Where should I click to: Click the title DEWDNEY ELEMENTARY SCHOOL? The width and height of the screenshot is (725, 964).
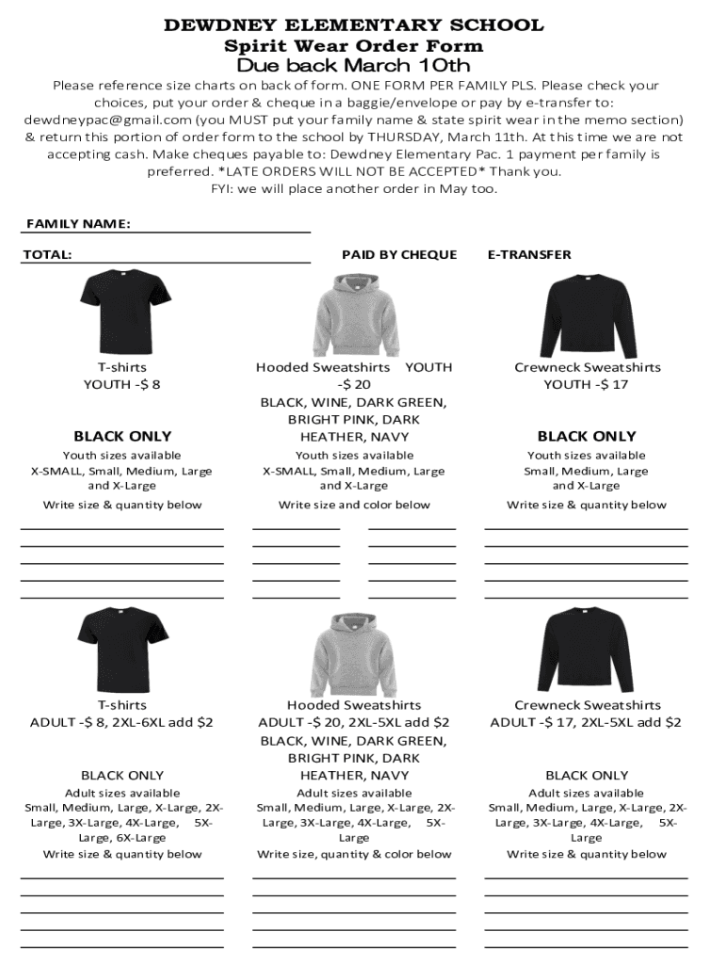click(x=354, y=25)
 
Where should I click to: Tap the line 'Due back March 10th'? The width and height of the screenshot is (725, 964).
click(x=354, y=66)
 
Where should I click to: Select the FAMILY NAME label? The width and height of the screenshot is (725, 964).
click(x=78, y=224)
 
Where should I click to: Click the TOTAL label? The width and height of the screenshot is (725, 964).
click(x=48, y=254)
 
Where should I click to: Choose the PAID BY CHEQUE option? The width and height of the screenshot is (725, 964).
click(x=399, y=254)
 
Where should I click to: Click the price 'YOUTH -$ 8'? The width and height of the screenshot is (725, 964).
click(x=122, y=384)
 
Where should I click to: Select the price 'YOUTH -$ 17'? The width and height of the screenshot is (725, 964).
click(x=587, y=384)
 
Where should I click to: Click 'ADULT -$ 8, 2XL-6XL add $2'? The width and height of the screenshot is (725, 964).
click(x=122, y=722)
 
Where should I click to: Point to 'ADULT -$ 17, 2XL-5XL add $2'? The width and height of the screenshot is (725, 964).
click(x=587, y=722)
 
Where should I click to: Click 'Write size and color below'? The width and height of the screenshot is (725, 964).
click(x=354, y=505)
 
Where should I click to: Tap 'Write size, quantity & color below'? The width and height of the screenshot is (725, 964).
click(x=354, y=854)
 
